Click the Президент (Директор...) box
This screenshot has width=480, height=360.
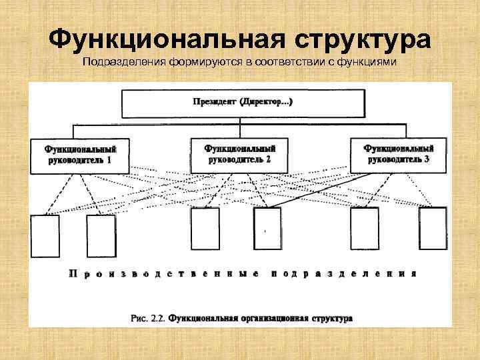(243, 103)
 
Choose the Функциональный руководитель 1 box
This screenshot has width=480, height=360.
(79, 155)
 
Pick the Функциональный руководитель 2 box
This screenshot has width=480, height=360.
(239, 154)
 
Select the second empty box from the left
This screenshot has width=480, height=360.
(101, 236)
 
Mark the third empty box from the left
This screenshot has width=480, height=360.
(205, 229)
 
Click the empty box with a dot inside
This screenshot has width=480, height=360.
(267, 229)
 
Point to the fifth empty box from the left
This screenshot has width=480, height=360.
(365, 229)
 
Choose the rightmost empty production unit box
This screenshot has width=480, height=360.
(433, 229)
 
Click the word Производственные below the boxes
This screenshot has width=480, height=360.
(162, 273)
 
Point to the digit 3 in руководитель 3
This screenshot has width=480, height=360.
(426, 160)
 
